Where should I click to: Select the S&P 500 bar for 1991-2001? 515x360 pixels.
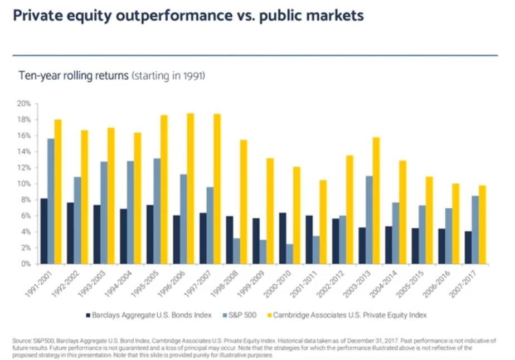(51, 201)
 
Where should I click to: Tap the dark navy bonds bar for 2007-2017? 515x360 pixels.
(468, 247)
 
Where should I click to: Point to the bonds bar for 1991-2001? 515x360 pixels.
(43, 231)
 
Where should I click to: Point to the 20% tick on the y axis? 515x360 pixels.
(25, 104)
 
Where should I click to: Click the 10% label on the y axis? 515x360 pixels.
(25, 184)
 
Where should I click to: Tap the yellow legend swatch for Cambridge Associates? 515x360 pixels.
(282, 315)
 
